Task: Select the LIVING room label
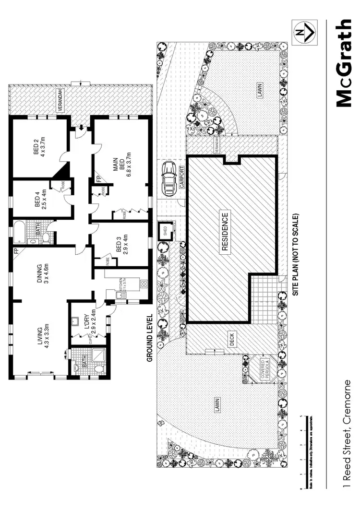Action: [44, 337]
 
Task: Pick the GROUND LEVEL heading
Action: [149, 337]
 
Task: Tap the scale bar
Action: [302, 451]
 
